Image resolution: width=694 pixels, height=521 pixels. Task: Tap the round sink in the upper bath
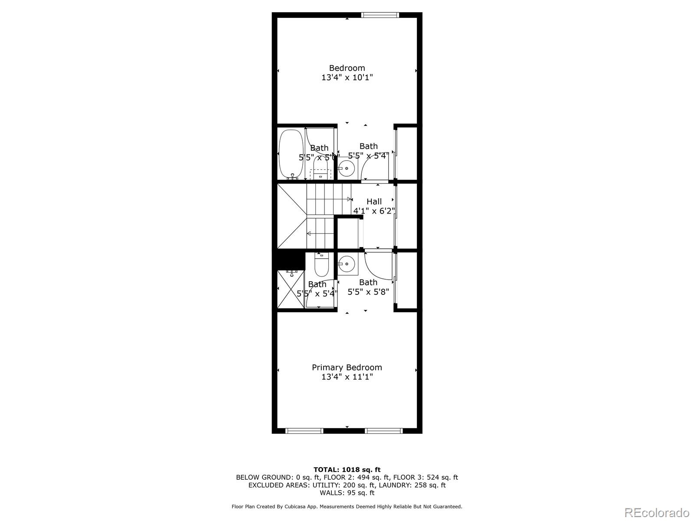coord(347,168)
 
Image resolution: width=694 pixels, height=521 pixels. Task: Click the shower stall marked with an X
coord(291,289)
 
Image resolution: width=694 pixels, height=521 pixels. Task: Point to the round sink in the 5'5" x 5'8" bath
coord(347,263)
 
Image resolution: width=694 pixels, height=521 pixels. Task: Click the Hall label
coord(374,201)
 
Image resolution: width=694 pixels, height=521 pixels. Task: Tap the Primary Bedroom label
coord(347,367)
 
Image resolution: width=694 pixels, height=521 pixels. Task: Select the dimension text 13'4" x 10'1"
coord(347,78)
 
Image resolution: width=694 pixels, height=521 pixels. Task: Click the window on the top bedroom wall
coord(380,15)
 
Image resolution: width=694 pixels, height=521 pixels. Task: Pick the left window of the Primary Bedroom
coord(304,431)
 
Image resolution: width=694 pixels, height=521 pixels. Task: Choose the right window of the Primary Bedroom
coord(383,431)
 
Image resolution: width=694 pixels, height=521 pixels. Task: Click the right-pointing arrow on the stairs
coord(349,199)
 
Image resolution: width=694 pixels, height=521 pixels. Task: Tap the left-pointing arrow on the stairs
coord(309,234)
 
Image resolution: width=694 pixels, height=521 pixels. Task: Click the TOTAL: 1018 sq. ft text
coord(347,469)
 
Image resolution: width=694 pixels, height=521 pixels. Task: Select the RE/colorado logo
coord(656,512)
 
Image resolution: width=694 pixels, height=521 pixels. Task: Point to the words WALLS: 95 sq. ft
coord(347,493)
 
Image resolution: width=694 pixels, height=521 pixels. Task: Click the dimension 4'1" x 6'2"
coord(374,211)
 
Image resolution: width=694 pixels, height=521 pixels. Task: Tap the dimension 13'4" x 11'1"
coord(347,377)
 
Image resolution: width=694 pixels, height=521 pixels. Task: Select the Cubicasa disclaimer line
coord(347,506)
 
